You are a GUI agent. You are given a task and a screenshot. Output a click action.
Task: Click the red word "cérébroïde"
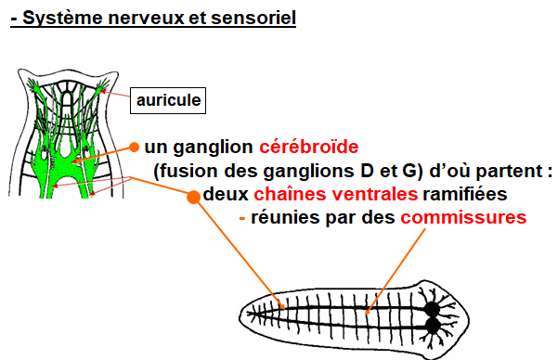(x=309, y=148)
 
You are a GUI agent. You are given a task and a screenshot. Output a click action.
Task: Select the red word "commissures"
(x=463, y=218)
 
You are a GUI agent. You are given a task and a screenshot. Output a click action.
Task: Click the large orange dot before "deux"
(x=194, y=198)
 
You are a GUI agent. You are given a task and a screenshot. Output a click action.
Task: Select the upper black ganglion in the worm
(x=433, y=309)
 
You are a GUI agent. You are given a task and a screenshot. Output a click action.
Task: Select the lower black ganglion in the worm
(x=433, y=326)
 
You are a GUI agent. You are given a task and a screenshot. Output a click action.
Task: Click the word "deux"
(x=226, y=196)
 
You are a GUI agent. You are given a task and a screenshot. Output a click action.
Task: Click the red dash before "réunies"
(x=242, y=219)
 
